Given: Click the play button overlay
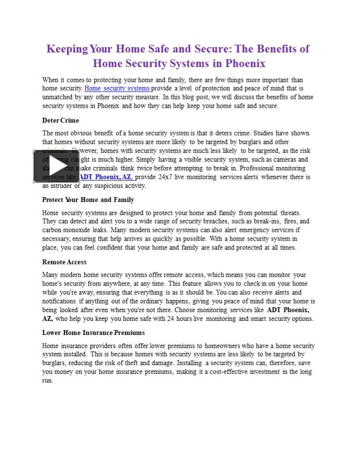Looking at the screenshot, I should click(x=56, y=166).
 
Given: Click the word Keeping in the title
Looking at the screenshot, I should click(x=68, y=49).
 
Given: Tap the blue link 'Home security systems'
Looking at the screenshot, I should click(x=117, y=88).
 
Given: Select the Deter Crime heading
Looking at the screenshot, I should click(x=60, y=120).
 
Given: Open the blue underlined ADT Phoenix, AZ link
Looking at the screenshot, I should click(x=107, y=177).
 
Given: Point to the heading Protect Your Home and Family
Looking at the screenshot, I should click(x=88, y=200).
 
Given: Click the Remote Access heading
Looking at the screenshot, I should click(x=64, y=262).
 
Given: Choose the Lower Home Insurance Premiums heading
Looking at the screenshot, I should click(x=93, y=333).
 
